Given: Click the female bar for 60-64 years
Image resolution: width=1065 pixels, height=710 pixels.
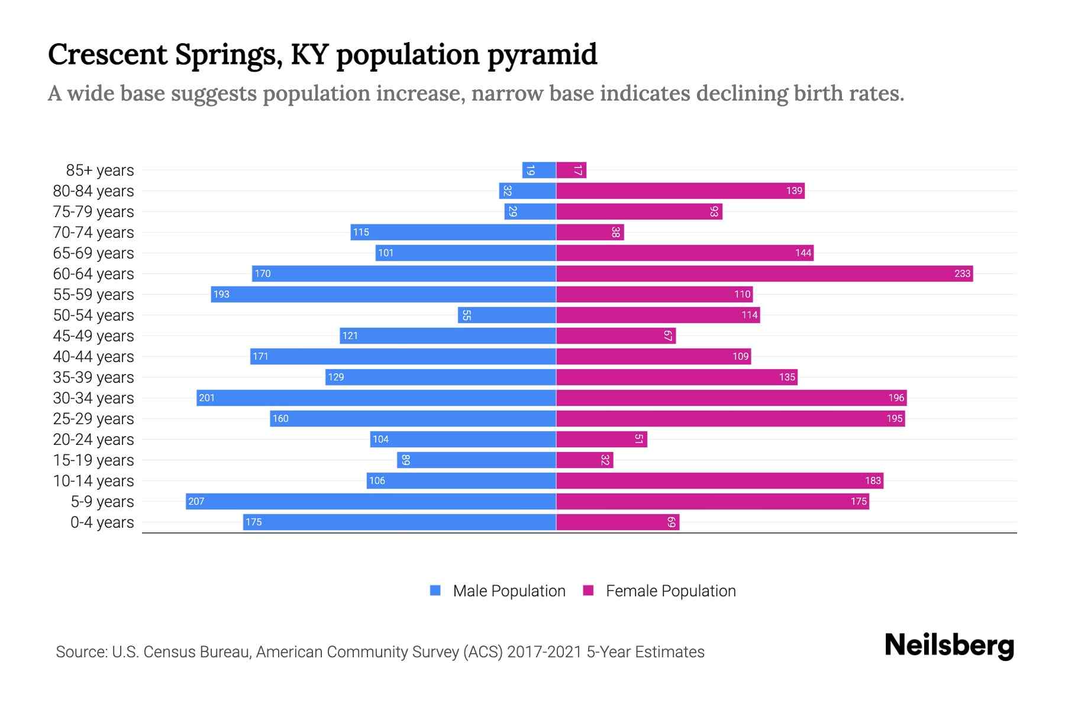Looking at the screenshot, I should [763, 273].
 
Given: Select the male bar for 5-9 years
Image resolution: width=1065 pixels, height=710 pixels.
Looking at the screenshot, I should [370, 501].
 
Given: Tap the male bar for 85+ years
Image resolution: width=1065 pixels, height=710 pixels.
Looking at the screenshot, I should [539, 170].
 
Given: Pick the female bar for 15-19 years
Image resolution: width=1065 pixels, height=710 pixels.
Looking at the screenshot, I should [585, 460].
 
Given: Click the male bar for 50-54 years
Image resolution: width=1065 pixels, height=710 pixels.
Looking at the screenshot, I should [506, 315].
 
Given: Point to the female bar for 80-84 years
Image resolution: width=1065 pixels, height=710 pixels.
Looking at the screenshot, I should [680, 191].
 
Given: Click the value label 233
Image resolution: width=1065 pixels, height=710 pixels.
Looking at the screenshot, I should [962, 273].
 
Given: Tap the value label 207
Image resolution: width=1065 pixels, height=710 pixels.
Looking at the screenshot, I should [196, 501].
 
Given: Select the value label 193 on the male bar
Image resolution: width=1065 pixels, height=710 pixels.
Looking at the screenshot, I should [221, 294].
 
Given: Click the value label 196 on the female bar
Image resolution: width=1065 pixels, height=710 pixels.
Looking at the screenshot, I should [896, 398].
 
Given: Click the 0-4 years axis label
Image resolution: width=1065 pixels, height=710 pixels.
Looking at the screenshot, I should [102, 522].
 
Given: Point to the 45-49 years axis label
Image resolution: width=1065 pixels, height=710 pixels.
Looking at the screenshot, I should [93, 336].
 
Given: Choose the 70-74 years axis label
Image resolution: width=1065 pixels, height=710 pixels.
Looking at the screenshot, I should [93, 233].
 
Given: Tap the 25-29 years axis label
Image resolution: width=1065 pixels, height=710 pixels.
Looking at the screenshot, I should [93, 419].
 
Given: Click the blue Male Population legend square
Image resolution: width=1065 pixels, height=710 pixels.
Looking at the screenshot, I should [435, 590].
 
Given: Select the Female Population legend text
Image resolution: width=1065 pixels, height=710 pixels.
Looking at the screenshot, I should [670, 590].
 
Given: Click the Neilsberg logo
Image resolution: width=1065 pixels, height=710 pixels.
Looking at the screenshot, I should [949, 646].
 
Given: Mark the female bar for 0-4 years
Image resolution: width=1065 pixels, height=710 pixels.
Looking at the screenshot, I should [618, 522].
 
